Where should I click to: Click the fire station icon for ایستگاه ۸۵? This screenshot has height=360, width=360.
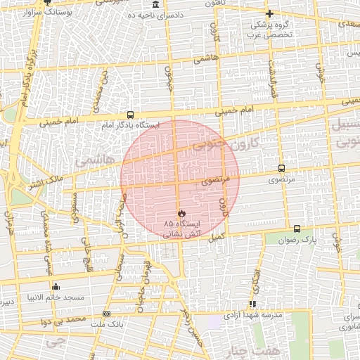[181, 212]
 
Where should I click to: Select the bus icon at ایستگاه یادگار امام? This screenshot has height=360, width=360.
[129, 115]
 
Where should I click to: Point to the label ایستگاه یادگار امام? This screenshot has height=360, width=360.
[130, 125]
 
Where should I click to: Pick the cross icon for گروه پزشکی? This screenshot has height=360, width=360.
[269, 13]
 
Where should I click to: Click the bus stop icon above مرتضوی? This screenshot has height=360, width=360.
[281, 169]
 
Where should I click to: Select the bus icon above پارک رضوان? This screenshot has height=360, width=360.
[297, 229]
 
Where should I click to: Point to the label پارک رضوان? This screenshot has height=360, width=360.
[304, 240]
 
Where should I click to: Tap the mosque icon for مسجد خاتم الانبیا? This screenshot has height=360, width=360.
[56, 286]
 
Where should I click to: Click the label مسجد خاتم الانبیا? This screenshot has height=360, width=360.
[56, 297]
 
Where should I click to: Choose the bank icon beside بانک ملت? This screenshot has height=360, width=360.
[106, 314]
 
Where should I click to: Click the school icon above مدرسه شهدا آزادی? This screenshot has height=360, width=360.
[252, 304]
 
